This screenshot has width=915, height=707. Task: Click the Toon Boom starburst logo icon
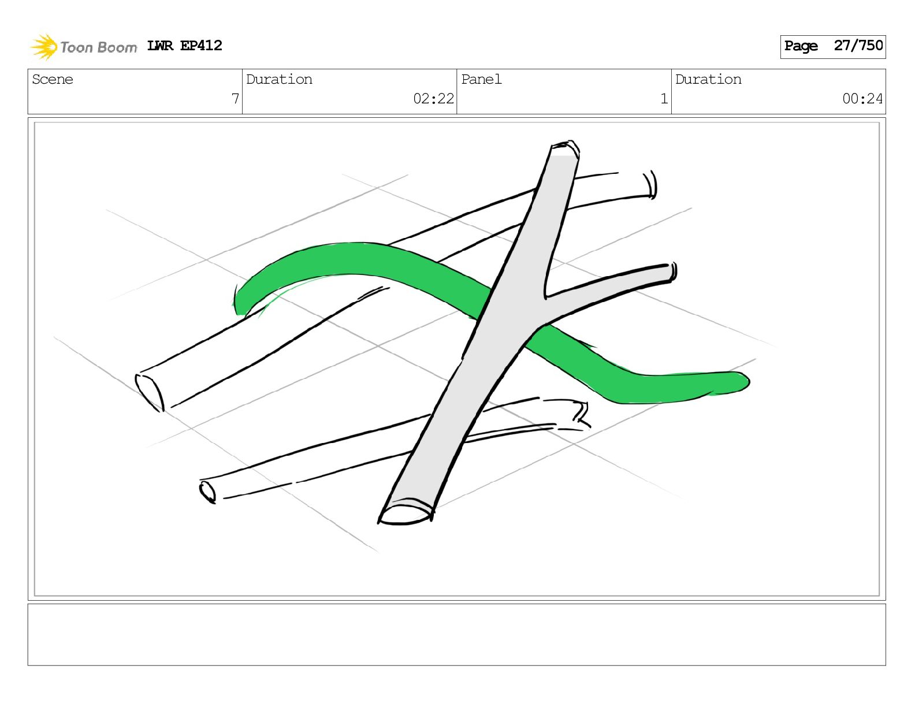[44, 47]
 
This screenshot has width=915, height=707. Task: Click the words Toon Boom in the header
[98, 47]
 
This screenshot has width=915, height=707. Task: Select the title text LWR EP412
[184, 46]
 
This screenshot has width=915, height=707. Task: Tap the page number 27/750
[858, 46]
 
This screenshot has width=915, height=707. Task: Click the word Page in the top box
[801, 46]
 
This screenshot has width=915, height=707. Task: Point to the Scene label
[53, 79]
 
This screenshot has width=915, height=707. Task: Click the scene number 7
[235, 99]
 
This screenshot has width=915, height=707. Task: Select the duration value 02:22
[433, 99]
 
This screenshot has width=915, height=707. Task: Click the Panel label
[481, 79]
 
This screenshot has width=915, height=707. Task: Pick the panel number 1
[664, 99]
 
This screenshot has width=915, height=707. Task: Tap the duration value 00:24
[862, 99]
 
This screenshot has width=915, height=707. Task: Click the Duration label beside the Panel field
[708, 79]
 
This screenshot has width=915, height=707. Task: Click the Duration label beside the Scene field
[279, 79]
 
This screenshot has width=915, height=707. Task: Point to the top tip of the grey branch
[564, 148]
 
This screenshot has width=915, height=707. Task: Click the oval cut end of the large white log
[150, 392]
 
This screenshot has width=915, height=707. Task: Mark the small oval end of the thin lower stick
[207, 492]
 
